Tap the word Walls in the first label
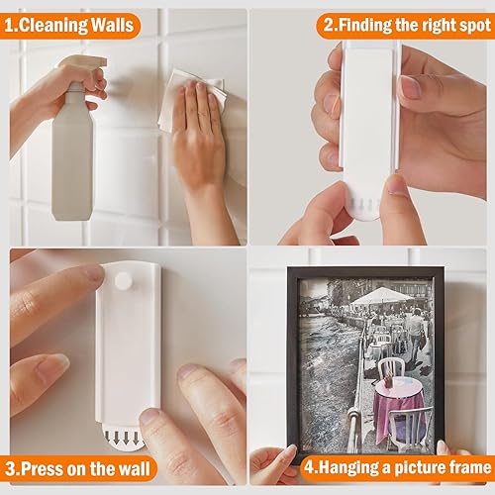pos(112,25)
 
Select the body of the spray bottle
pos(71,155)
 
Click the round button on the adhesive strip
pos(123,281)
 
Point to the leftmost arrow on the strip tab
pos(108,438)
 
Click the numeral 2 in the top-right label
pos(329,26)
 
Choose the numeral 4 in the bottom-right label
pos(309,467)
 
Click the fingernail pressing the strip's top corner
pos(95,273)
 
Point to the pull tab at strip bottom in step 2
pos(363,207)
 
